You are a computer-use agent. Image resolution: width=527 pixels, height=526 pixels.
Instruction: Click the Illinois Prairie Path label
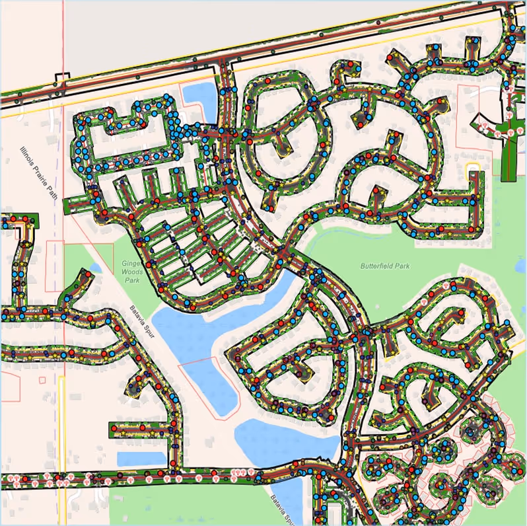coord(40,174)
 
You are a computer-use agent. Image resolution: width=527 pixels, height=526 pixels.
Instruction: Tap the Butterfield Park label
coord(385,266)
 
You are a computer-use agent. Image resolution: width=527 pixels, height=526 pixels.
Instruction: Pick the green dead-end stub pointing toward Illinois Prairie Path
coord(73,205)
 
